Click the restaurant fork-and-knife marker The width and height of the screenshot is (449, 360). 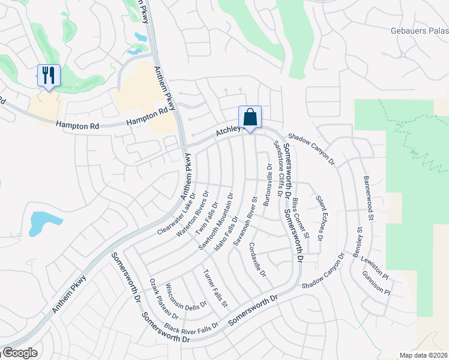[x=49, y=75]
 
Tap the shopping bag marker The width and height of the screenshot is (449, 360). [x=250, y=116]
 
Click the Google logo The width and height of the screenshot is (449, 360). [x=20, y=353]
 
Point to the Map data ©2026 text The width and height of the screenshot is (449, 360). [x=423, y=355]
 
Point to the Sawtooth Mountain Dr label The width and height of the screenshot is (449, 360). [x=215, y=221]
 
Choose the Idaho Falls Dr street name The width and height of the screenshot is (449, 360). [x=227, y=235]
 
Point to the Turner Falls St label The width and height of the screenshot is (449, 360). [x=215, y=289]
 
